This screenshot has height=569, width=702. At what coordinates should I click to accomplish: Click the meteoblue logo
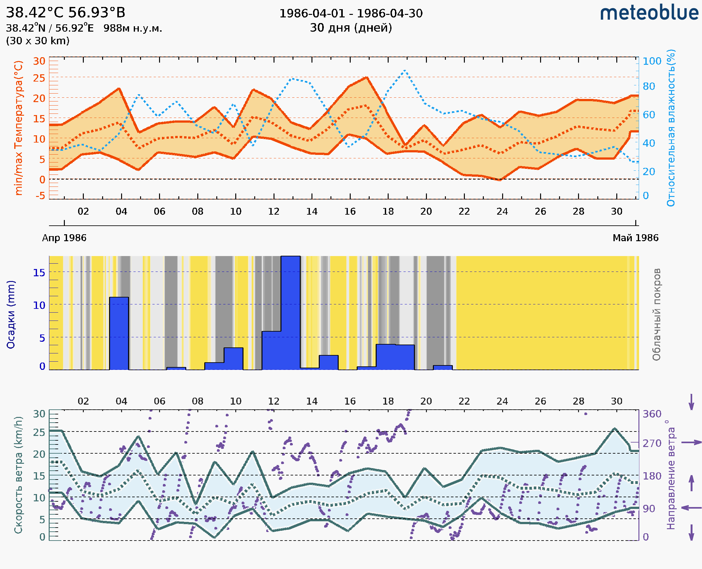[x=649, y=13]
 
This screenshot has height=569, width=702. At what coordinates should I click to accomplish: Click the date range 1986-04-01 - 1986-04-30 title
[x=351, y=14]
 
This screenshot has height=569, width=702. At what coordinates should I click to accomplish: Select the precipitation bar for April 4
[x=119, y=333]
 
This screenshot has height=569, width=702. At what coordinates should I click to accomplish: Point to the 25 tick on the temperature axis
[x=39, y=78]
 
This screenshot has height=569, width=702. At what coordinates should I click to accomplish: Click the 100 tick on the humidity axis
[x=652, y=61]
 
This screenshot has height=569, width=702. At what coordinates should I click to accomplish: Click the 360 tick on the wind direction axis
[x=652, y=414]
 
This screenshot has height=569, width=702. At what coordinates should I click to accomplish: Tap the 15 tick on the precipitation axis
[x=39, y=272]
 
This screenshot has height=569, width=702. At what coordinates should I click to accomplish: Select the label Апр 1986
[x=64, y=238]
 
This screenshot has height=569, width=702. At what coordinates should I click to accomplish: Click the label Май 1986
[x=636, y=238]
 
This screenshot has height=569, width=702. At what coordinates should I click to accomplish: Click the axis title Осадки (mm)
[x=11, y=315]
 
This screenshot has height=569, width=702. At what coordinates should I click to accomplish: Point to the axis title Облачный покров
[x=656, y=315]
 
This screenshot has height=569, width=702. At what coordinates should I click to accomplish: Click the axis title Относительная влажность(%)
[x=671, y=128]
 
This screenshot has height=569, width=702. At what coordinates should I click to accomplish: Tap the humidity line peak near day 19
[x=405, y=70]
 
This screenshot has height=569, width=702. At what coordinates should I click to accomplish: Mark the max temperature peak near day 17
[x=366, y=77]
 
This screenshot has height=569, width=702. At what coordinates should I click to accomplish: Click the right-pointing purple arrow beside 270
[x=691, y=443]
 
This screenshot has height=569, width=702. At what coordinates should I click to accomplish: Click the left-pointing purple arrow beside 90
[x=691, y=508]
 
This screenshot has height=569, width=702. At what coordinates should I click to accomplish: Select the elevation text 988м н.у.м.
[x=133, y=28]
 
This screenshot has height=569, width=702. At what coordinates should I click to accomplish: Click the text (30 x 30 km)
[x=38, y=41]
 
